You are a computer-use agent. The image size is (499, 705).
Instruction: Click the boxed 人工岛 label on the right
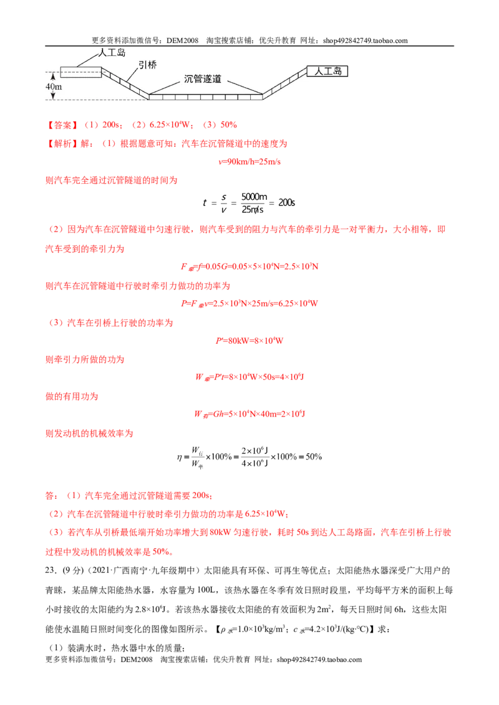click(x=327, y=71)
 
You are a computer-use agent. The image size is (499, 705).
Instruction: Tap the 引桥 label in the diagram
click(x=147, y=65)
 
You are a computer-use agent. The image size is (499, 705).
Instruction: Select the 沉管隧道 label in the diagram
click(x=203, y=78)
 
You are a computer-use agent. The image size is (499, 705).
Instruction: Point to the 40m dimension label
click(x=54, y=87)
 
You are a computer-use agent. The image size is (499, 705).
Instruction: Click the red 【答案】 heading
click(x=62, y=125)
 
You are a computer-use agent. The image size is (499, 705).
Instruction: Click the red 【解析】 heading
click(x=62, y=144)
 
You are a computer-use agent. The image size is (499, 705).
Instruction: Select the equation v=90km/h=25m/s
click(x=249, y=162)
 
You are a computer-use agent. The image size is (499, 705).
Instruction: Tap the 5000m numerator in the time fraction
click(x=254, y=196)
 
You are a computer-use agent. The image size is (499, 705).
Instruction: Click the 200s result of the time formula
click(x=286, y=202)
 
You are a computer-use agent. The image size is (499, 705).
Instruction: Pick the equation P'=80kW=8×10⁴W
click(x=249, y=341)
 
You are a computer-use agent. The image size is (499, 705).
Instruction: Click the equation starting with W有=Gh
click(x=249, y=414)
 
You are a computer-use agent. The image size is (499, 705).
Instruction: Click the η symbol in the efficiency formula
click(x=180, y=458)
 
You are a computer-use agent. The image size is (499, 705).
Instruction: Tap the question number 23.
click(x=51, y=570)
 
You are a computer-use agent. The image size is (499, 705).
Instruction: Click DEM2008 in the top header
click(x=182, y=40)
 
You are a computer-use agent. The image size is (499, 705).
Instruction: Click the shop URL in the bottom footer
click(x=319, y=660)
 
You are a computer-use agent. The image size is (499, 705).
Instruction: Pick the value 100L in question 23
click(x=206, y=590)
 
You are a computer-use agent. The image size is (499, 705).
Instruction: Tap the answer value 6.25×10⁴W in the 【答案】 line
click(x=172, y=125)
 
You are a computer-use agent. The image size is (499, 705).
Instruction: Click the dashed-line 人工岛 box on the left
click(x=80, y=72)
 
